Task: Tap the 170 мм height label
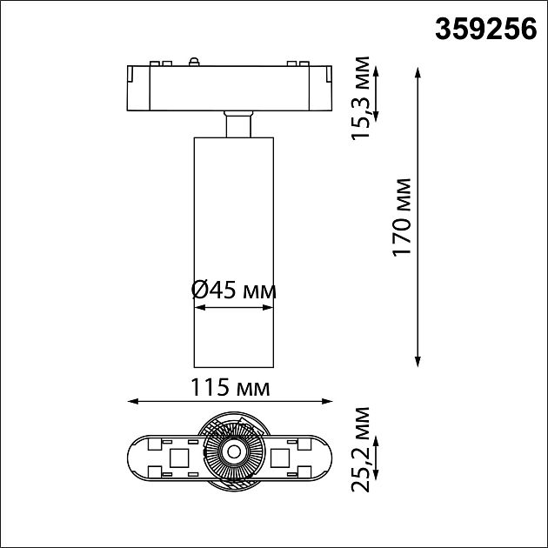pos(402,217)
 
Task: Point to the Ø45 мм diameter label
pos(232,291)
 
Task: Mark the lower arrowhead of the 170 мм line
pos(418,358)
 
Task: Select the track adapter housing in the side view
pos(231,87)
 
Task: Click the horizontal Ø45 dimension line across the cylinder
pos(232,306)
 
